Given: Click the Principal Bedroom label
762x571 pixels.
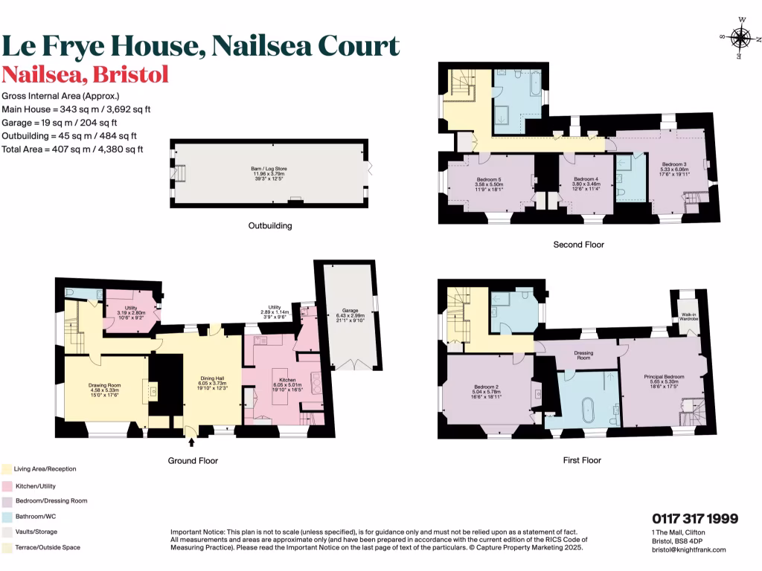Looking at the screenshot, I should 663,377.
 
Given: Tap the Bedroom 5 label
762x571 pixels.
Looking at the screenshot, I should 489,179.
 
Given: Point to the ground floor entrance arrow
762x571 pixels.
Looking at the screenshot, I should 192,442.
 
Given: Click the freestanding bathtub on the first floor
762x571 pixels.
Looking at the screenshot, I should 588,409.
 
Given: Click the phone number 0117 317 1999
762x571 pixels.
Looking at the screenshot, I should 694,519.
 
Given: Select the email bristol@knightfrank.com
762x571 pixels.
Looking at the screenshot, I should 688,549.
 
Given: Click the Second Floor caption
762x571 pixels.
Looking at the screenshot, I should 578,244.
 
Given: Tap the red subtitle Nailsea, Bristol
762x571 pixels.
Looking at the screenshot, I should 86,75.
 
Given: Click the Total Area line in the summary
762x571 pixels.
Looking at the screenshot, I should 72,149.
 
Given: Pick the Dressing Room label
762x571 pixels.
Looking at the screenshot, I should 583,355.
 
